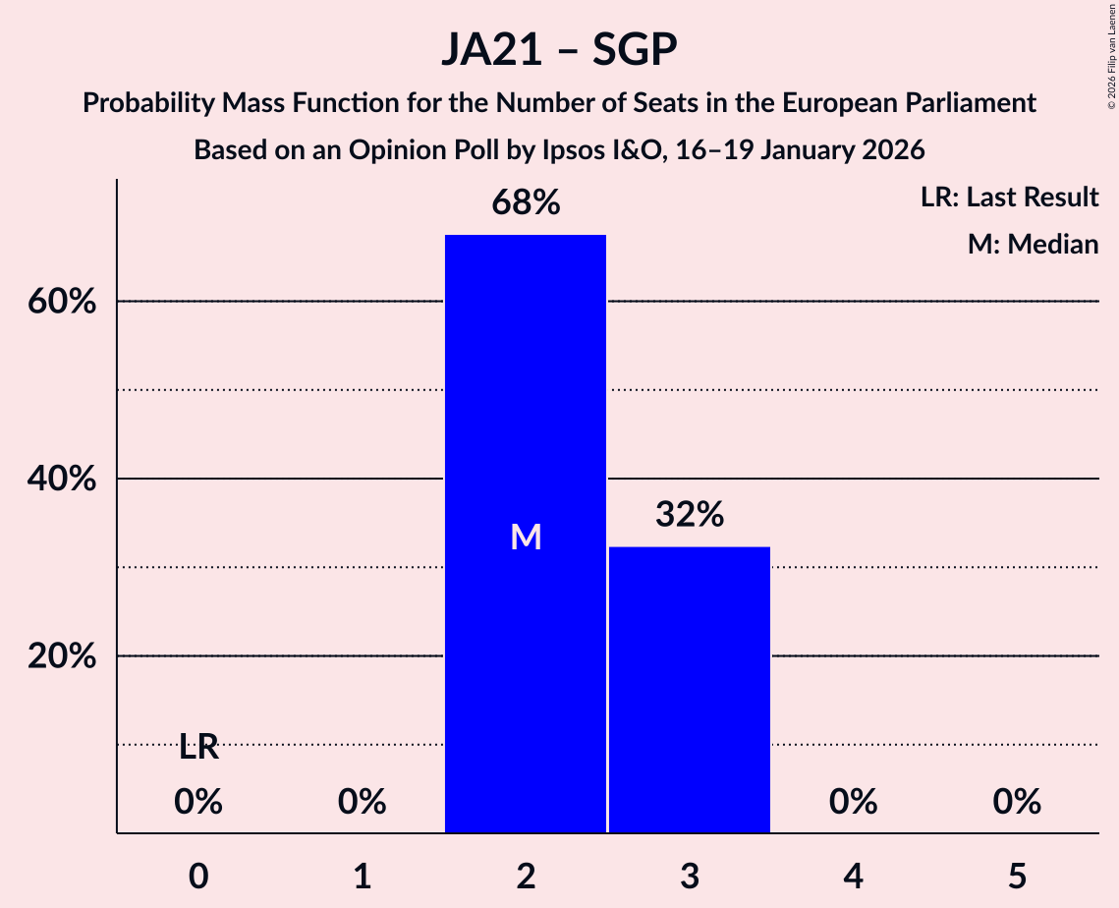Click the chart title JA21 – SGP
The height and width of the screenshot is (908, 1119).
[559, 50]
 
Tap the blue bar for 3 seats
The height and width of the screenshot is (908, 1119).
[689, 689]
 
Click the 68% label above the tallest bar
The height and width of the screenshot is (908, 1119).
[526, 203]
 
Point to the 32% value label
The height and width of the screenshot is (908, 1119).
[689, 514]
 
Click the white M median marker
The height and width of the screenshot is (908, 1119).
[526, 537]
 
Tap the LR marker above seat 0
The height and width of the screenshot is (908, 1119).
[198, 748]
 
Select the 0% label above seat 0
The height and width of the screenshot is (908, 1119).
[198, 802]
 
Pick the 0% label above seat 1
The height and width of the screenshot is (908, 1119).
[362, 802]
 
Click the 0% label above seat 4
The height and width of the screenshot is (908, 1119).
[853, 802]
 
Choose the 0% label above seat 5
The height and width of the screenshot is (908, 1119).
[1016, 802]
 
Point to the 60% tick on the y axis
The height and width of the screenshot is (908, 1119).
[62, 302]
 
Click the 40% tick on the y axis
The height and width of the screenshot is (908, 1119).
[62, 480]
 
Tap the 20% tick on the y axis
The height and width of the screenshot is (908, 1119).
[62, 656]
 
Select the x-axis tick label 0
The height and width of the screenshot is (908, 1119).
[198, 876]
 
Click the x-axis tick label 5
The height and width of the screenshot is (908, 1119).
[1016, 876]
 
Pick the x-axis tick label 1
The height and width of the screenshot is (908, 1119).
[362, 876]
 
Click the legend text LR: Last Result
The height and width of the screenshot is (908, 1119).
[1009, 198]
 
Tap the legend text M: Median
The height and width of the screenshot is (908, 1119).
[1033, 244]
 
